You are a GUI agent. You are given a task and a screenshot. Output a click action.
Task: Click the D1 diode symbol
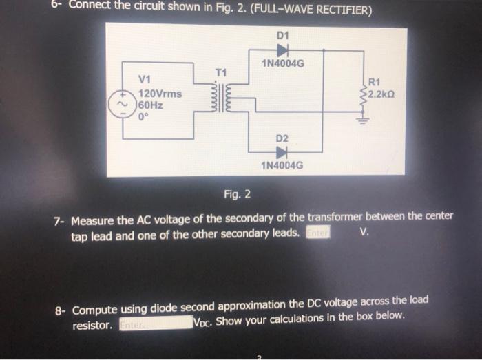point(282,50)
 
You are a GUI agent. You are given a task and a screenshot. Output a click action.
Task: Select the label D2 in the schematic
point(282,138)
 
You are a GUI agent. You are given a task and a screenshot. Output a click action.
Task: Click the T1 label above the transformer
point(220,72)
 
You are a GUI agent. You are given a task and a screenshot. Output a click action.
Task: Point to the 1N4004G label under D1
point(283,64)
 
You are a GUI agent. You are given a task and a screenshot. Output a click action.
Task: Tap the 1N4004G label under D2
point(282,166)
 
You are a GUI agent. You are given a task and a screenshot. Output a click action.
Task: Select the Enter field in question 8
point(155,324)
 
